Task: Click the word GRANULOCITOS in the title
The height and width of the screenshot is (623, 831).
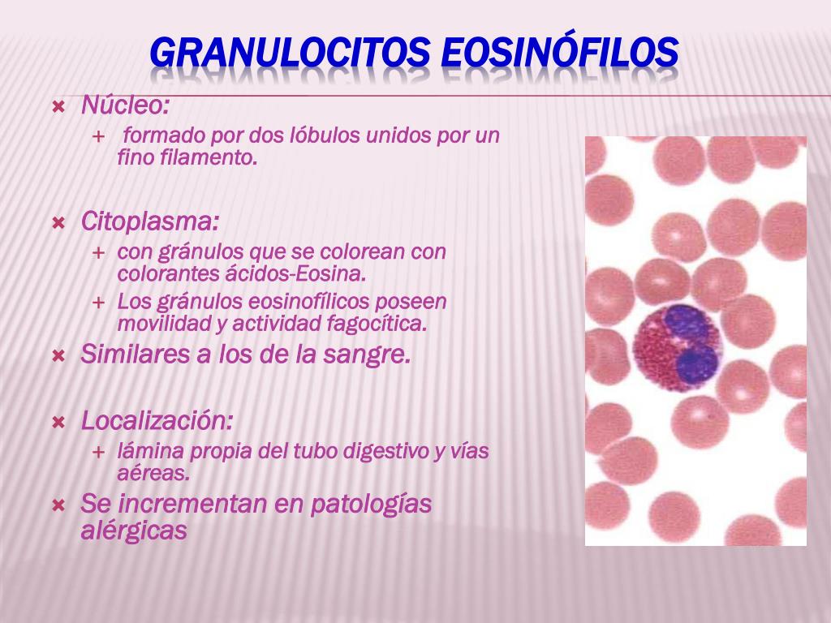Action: coord(290,53)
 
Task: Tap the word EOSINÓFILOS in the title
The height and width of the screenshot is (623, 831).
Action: coord(560,51)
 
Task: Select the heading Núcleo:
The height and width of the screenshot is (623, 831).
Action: coord(125,105)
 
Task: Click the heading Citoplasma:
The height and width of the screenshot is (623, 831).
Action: coord(149,221)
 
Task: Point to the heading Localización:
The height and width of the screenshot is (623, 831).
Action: coord(157,421)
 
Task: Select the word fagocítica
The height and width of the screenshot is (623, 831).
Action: coord(377,324)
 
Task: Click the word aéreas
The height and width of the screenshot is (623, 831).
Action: coord(153,474)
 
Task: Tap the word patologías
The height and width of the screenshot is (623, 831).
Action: coord(370,504)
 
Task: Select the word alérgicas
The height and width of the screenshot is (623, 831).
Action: coord(134,530)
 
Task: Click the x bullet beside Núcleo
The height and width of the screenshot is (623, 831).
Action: coord(58,108)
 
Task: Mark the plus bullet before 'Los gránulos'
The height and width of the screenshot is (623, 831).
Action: coord(98,303)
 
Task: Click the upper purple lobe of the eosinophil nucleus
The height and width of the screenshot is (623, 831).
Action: coord(686,321)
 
